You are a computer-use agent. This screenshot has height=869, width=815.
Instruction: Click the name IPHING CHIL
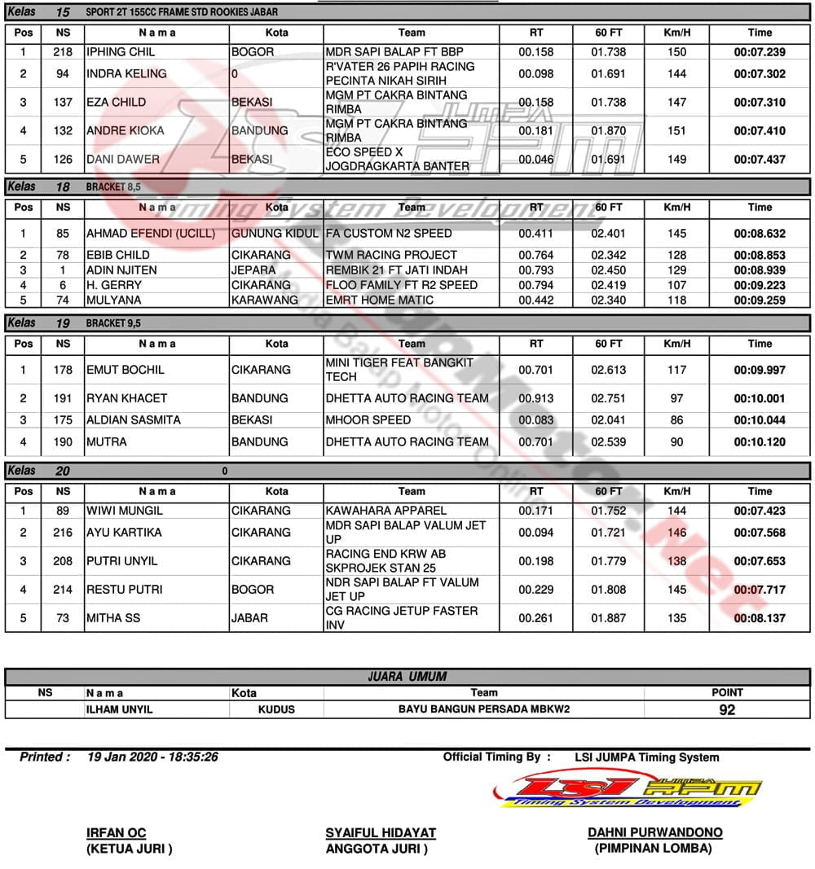(x=121, y=52)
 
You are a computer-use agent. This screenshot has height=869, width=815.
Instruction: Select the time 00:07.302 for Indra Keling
(x=760, y=73)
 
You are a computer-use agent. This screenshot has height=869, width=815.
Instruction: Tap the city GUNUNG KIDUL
(x=275, y=234)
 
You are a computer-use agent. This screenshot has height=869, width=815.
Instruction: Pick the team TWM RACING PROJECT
(x=391, y=255)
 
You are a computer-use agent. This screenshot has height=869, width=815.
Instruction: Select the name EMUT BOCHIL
(x=126, y=370)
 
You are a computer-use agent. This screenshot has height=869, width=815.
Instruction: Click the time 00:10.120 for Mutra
(x=760, y=442)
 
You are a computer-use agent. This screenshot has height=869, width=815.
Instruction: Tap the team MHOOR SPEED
(x=368, y=420)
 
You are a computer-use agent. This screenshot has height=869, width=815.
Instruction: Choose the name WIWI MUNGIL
(x=125, y=511)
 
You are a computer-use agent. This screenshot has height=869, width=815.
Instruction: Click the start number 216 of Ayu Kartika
(x=63, y=533)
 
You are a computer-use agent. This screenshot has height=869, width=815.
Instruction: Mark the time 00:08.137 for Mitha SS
(x=760, y=618)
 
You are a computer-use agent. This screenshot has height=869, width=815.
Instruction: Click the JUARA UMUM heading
(x=407, y=676)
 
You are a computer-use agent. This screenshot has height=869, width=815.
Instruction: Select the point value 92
(x=727, y=709)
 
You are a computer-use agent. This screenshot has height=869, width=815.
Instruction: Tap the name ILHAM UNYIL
(x=119, y=709)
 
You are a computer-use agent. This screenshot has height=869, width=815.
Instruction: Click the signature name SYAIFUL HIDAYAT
(x=381, y=833)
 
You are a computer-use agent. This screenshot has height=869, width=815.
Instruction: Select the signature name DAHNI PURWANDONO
(x=654, y=832)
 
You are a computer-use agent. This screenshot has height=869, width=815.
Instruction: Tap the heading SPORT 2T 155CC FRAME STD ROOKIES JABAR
(x=181, y=12)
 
